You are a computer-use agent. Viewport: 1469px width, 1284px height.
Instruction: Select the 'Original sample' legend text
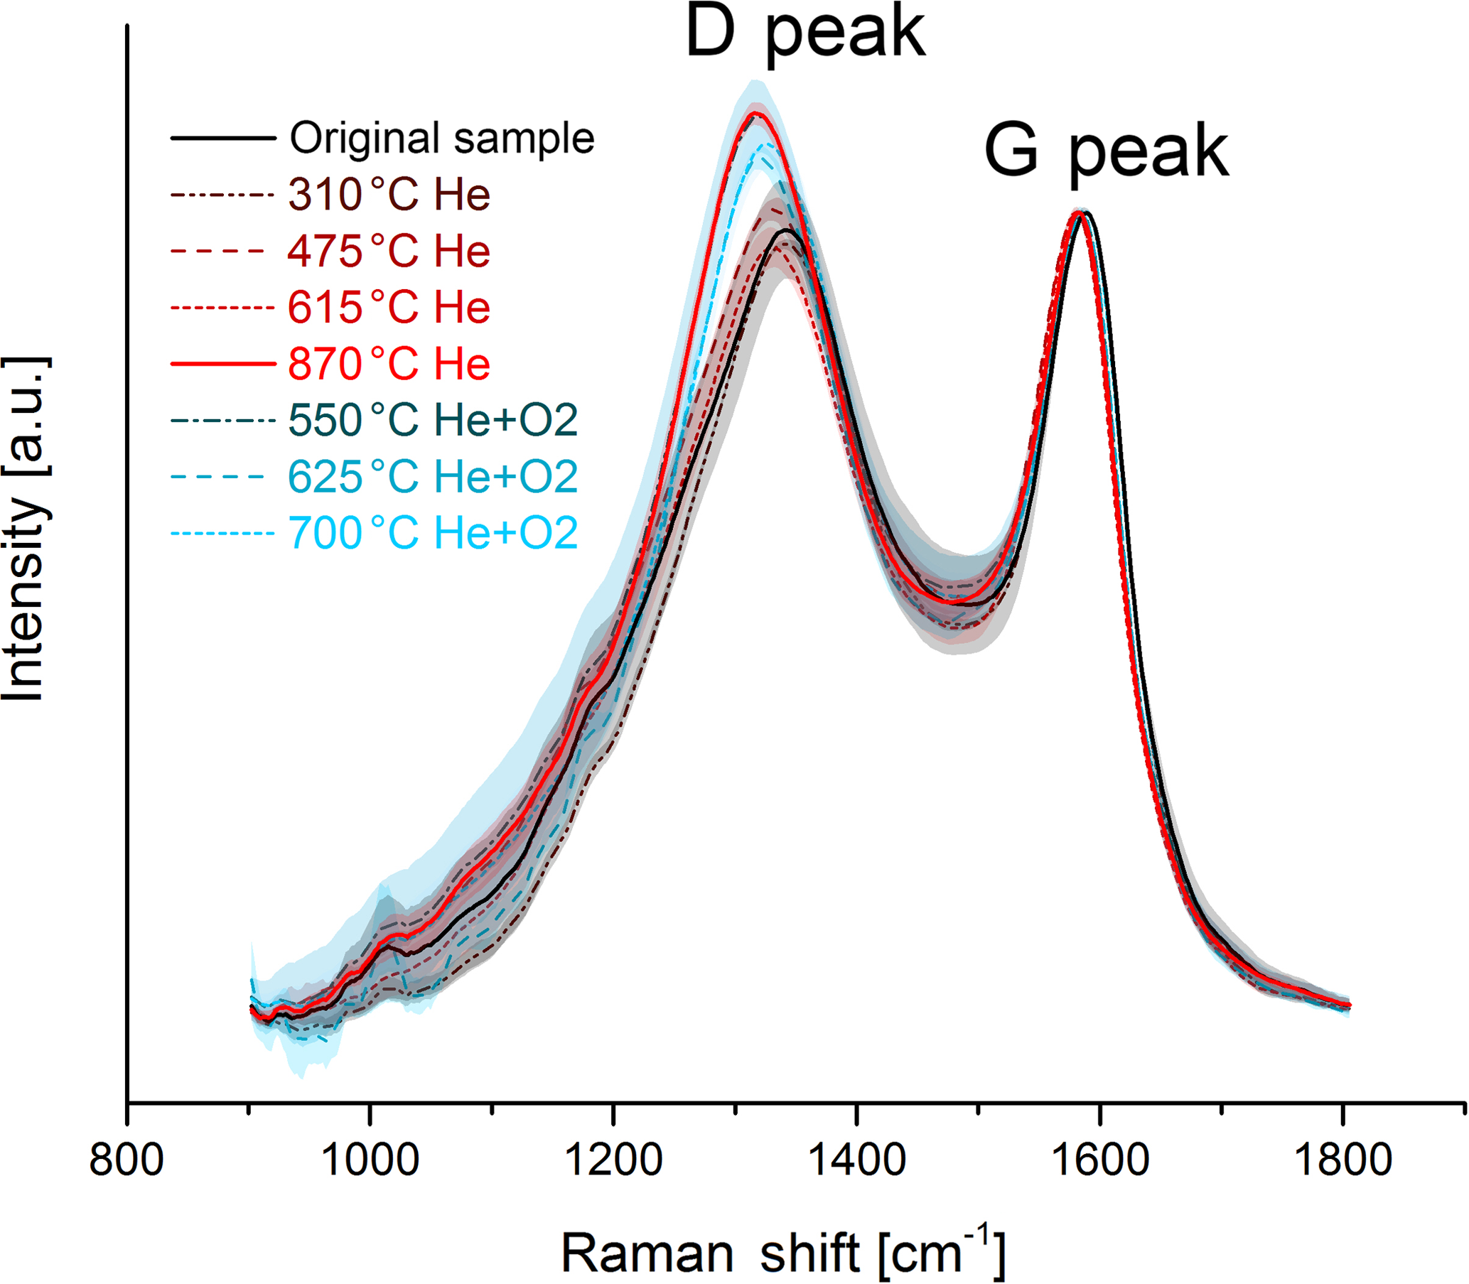[x=441, y=138]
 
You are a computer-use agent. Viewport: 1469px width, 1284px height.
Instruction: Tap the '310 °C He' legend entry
[x=389, y=194]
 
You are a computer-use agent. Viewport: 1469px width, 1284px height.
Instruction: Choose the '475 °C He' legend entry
[x=389, y=251]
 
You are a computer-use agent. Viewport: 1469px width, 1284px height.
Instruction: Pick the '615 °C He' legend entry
[x=389, y=308]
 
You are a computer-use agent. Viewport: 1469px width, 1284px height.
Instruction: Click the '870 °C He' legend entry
[x=389, y=364]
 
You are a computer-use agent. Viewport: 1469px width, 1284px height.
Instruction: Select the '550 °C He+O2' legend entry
[x=433, y=420]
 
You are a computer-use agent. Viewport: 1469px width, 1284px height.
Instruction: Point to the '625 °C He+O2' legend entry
[x=433, y=477]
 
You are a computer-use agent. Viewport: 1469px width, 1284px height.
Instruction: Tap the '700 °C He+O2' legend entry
[x=433, y=533]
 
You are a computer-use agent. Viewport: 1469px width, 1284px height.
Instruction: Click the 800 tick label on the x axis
[x=127, y=1160]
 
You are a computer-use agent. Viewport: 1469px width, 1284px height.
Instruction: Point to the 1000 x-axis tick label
[x=370, y=1160]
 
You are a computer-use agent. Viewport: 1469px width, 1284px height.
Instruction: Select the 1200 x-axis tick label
[x=613, y=1160]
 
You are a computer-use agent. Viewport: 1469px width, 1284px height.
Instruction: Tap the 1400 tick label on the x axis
[x=856, y=1160]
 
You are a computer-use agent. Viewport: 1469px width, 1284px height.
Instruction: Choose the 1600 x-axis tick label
[x=1099, y=1160]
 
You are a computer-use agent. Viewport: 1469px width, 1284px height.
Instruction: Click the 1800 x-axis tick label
[x=1342, y=1160]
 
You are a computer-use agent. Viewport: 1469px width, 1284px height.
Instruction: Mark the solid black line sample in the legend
[x=223, y=138]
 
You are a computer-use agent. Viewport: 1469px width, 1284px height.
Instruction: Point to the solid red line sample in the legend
[x=223, y=364]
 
